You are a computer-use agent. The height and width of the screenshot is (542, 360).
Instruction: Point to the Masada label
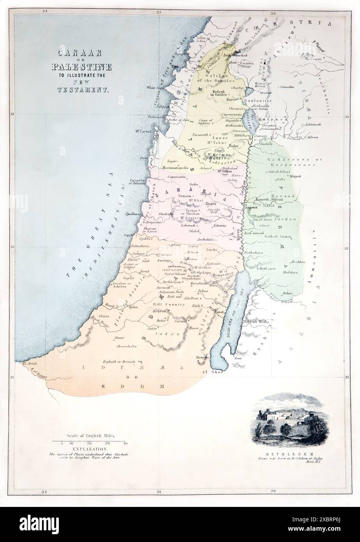(202, 356)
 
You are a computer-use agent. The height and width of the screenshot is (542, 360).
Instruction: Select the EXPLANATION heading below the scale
(90, 449)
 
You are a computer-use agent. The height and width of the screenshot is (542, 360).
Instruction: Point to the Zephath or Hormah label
(119, 362)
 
